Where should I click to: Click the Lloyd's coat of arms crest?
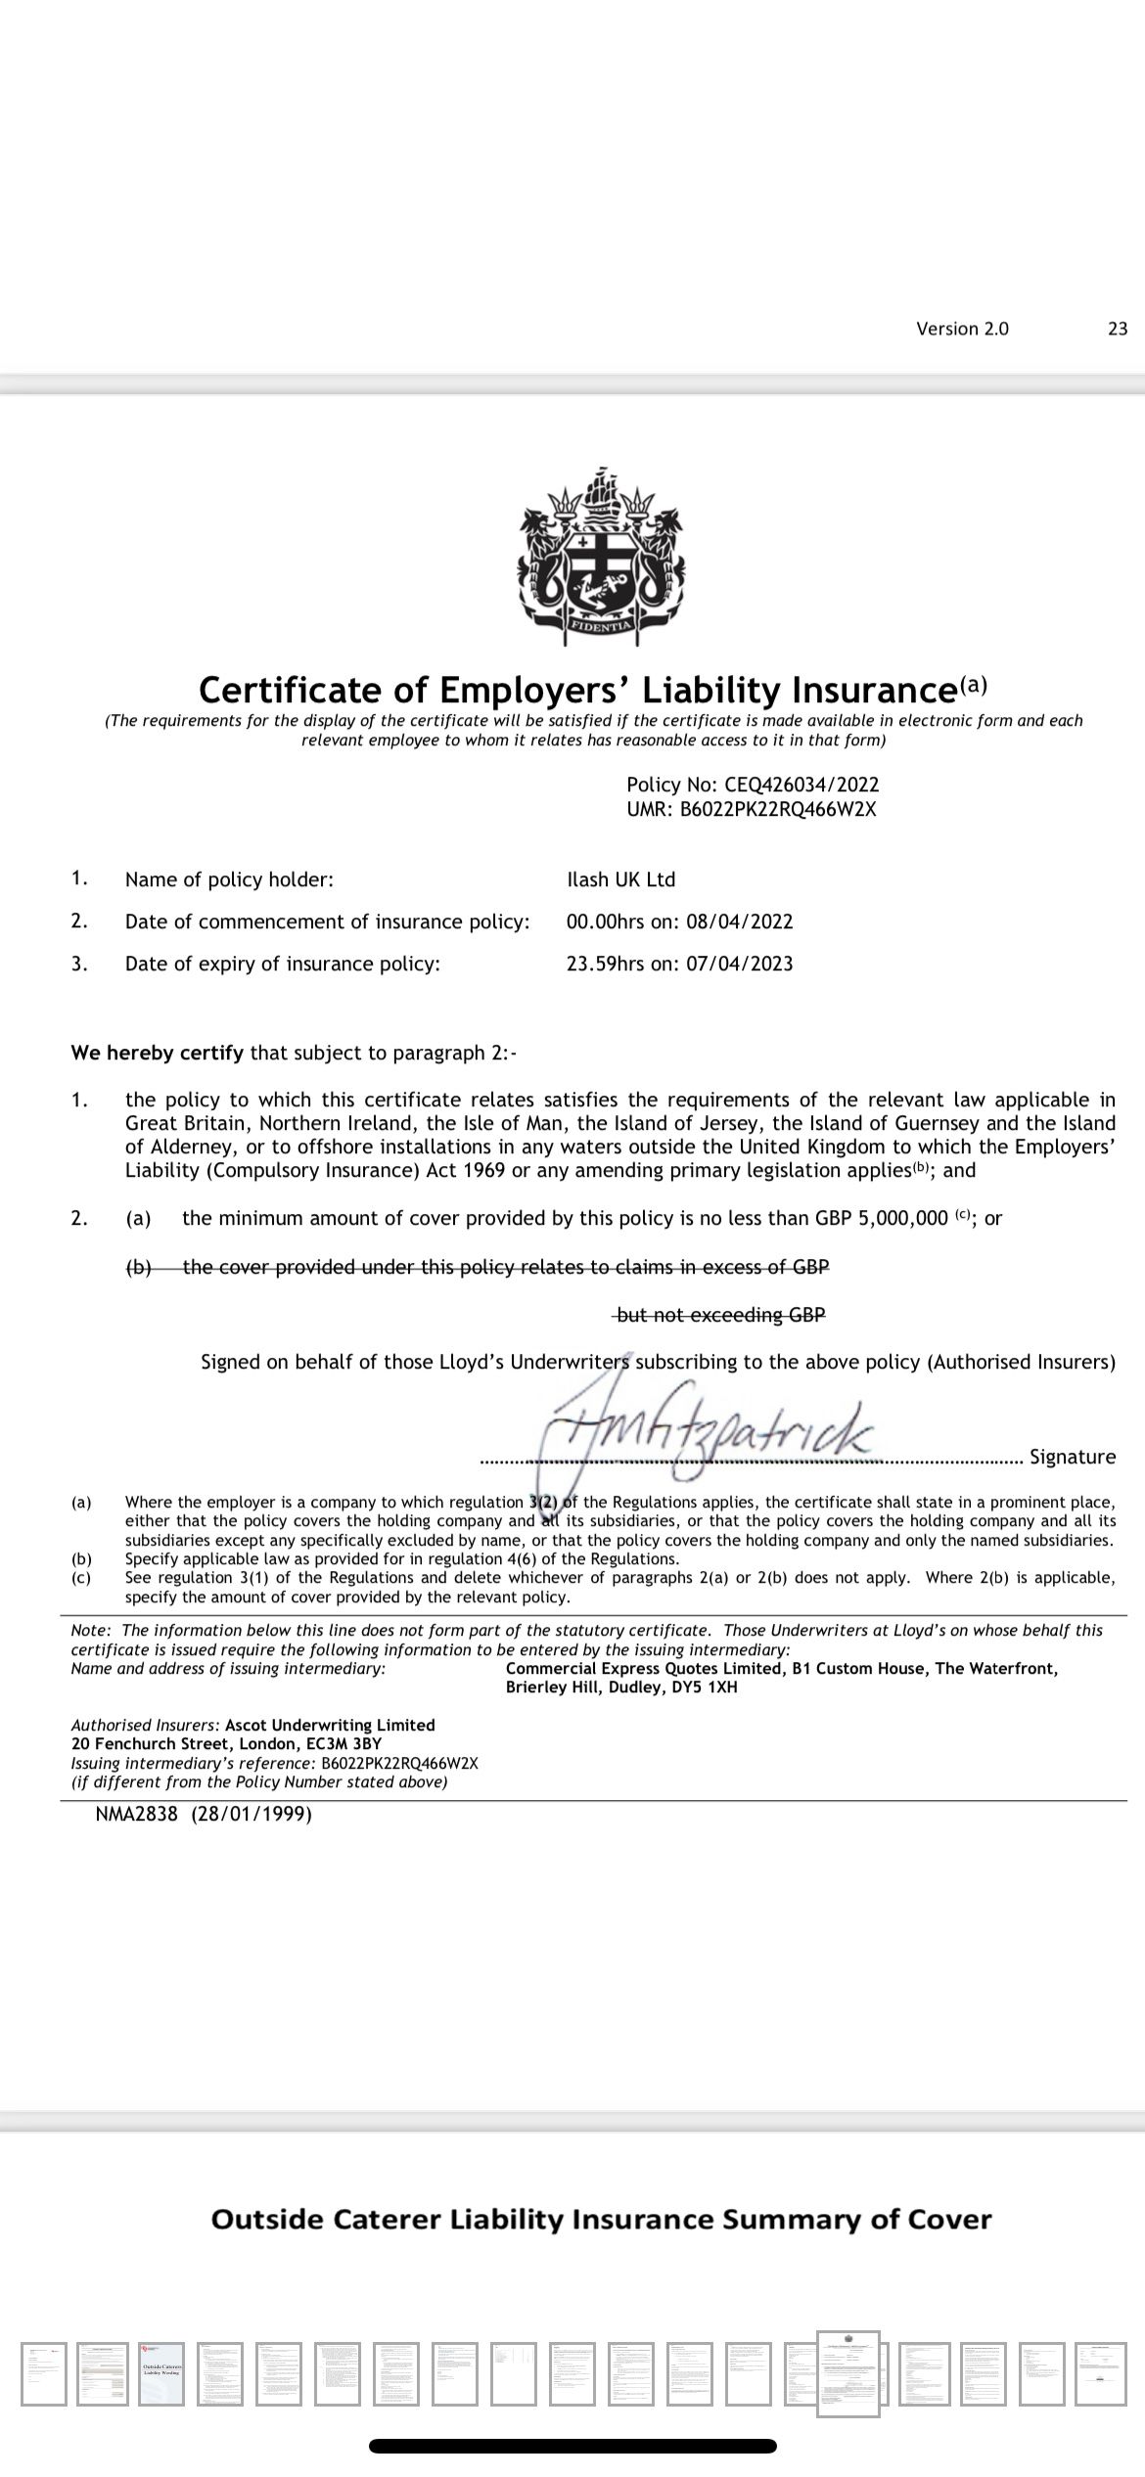[x=601, y=555]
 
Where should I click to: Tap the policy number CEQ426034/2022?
[x=801, y=785]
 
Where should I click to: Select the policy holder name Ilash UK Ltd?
[x=621, y=879]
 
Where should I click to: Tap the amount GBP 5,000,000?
[x=881, y=1218]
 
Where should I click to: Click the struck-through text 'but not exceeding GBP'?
[x=720, y=1315]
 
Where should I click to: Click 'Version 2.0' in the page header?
[x=962, y=329]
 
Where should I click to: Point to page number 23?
[x=1118, y=329]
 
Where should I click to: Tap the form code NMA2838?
[x=137, y=1815]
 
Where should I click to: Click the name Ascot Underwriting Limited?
[x=330, y=1725]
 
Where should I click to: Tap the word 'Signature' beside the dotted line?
[x=1073, y=1457]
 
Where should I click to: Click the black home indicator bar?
[x=572, y=2445]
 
